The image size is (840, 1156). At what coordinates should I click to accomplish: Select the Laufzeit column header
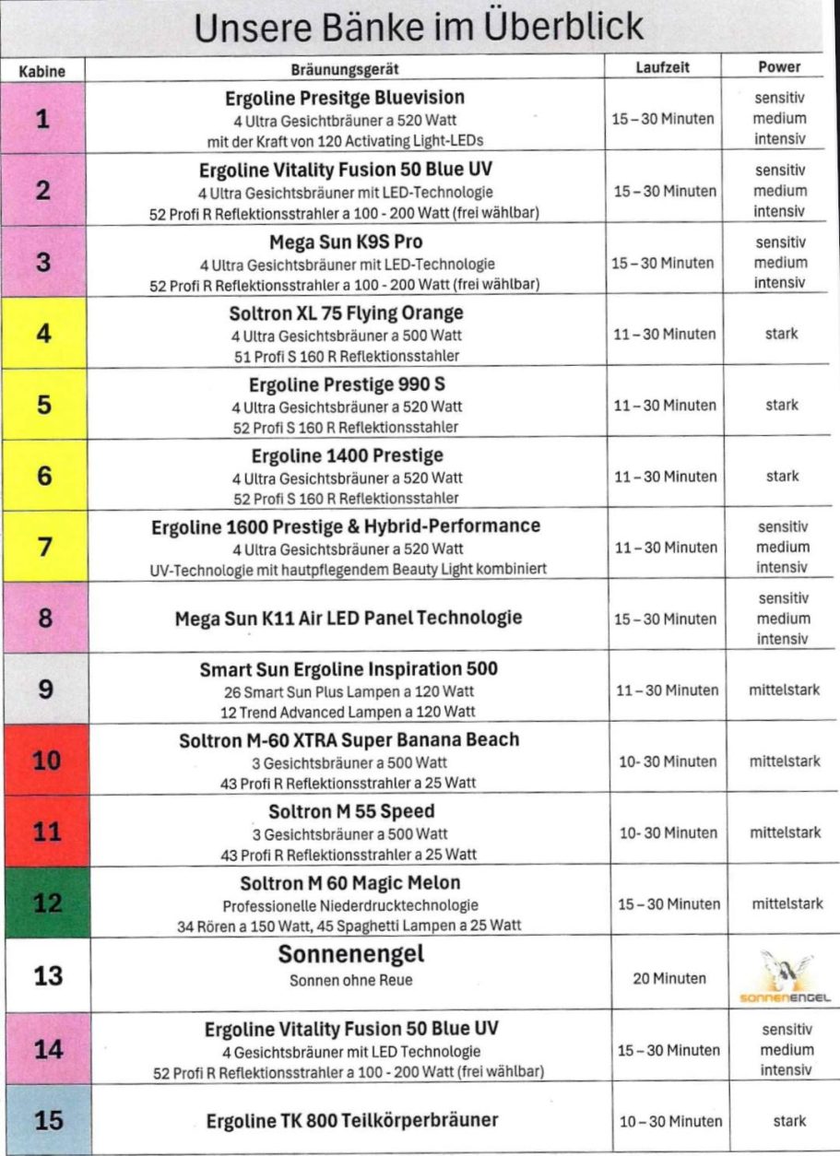pyautogui.click(x=662, y=67)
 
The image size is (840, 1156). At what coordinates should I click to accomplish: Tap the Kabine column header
pyautogui.click(x=42, y=68)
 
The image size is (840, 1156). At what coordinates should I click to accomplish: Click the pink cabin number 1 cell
pyautogui.click(x=42, y=118)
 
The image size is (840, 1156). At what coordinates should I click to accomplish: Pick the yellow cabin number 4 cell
pyautogui.click(x=42, y=333)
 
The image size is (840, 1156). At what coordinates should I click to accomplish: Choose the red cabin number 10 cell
pyautogui.click(x=44, y=761)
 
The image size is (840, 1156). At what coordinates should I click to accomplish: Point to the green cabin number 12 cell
pyautogui.click(x=44, y=903)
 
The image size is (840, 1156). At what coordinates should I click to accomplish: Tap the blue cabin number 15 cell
pyautogui.click(x=42, y=1119)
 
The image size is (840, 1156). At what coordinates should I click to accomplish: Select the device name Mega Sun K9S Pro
pyautogui.click(x=346, y=242)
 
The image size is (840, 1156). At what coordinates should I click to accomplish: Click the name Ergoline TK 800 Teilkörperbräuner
pyautogui.click(x=351, y=1120)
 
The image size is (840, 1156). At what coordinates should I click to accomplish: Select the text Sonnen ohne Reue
pyautogui.click(x=351, y=980)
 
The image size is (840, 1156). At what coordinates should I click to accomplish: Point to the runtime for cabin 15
pyautogui.click(x=668, y=1122)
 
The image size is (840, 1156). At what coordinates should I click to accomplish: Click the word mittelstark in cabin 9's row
pyautogui.click(x=785, y=690)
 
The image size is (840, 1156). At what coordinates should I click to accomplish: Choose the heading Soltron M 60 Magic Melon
pyautogui.click(x=349, y=883)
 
